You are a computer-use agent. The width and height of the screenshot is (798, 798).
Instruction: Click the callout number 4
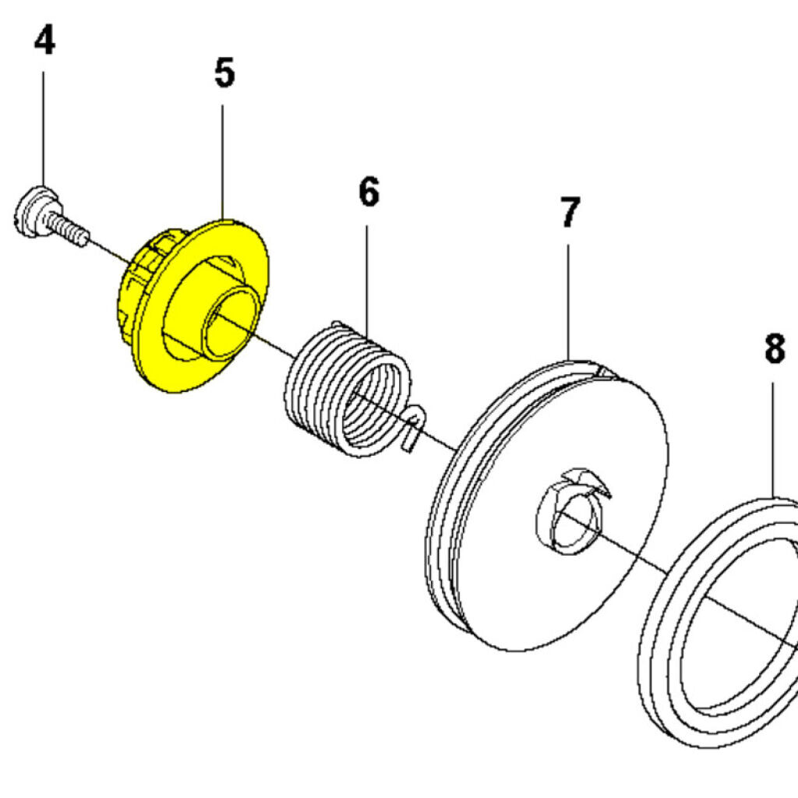tap(44, 41)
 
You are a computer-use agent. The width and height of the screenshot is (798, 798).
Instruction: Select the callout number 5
tap(224, 73)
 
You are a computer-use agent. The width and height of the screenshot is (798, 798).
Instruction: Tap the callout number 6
tap(369, 192)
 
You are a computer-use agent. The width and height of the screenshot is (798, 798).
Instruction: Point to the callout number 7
tap(570, 213)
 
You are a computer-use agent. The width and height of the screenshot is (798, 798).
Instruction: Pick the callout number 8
tap(774, 349)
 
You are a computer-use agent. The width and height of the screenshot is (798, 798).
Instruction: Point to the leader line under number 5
tap(223, 156)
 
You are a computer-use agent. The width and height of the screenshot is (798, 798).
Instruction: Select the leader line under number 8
tap(774, 436)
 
